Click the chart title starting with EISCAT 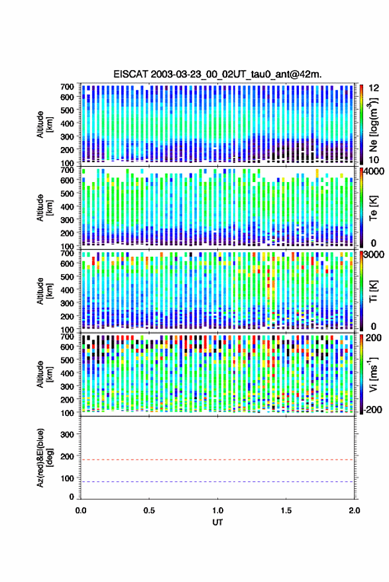218,74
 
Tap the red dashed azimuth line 218,460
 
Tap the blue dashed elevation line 218,482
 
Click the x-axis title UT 217,522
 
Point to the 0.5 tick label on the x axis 149,510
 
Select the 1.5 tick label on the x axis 286,510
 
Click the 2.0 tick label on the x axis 354,510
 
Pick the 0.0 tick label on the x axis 81,510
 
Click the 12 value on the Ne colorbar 374,88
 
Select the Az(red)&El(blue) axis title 44,458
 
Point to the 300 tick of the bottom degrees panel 67,434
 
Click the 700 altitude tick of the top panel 67,87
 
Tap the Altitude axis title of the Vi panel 44,374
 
